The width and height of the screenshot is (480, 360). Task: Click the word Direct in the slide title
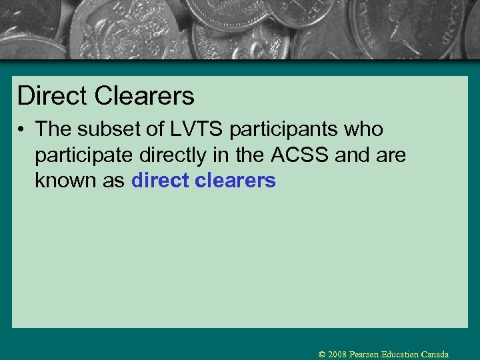coord(53,96)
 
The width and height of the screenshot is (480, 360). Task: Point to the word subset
coord(113,129)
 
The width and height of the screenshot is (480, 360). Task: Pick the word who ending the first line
coord(365,129)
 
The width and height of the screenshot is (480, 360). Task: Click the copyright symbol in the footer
coord(322,355)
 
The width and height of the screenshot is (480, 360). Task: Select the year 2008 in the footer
coord(338,355)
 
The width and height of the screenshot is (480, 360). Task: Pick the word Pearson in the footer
coord(365,355)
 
